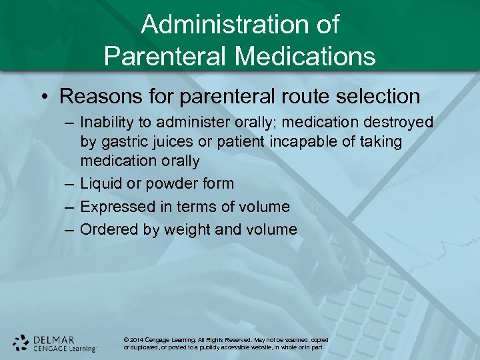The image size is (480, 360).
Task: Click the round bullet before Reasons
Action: click(x=43, y=97)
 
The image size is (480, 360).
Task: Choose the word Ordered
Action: click(x=107, y=229)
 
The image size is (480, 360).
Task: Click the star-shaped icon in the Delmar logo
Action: click(x=21, y=343)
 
